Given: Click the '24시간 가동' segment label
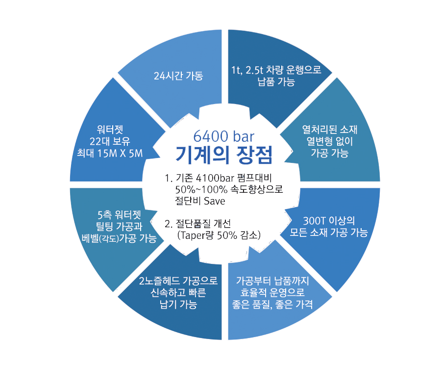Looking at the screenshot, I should click(x=178, y=76).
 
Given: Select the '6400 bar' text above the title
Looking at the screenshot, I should click(x=223, y=136).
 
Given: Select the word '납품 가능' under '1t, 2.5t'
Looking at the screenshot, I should click(x=276, y=82).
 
